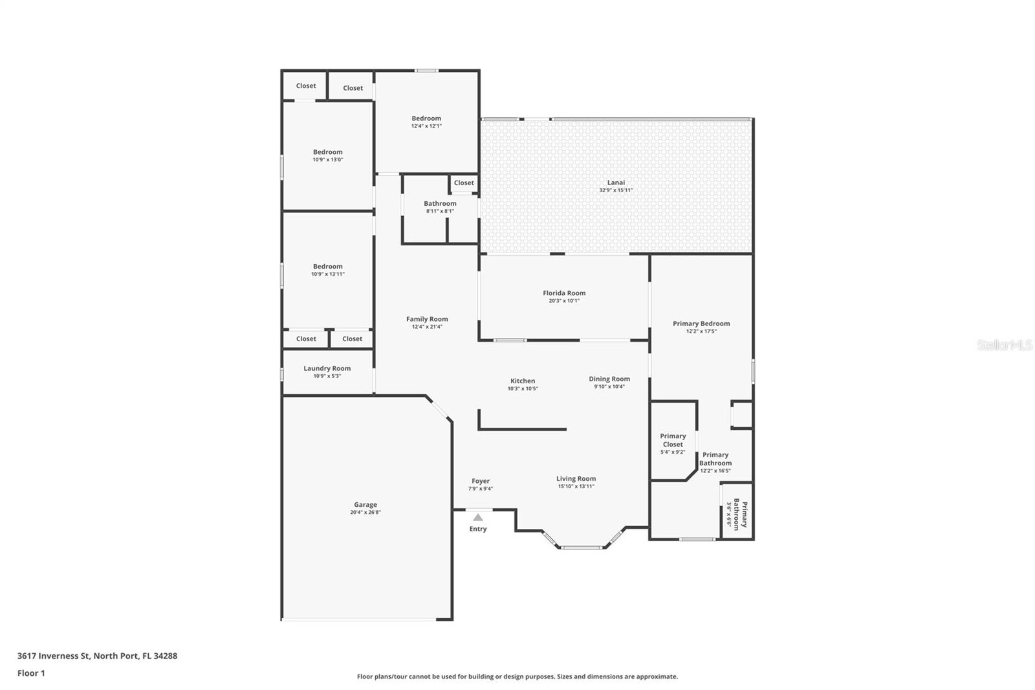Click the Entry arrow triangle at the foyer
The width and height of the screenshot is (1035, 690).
(477, 517)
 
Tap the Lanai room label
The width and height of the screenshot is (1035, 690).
(616, 183)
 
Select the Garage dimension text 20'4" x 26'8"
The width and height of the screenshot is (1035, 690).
(365, 513)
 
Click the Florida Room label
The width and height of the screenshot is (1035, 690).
(564, 293)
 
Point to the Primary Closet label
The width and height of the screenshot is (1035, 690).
(673, 440)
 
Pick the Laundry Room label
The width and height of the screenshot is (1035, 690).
(327, 368)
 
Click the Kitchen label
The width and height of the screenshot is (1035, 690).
(523, 381)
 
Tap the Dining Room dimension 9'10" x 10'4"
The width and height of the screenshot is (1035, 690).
(609, 387)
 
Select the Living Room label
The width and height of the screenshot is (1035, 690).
(576, 479)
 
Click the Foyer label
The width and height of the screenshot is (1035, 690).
(481, 481)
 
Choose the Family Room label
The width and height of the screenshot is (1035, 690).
(427, 319)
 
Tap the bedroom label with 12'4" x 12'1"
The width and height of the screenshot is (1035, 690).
(426, 118)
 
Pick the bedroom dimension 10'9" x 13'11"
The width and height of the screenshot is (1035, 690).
(328, 274)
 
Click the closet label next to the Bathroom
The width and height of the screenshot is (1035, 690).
(464, 183)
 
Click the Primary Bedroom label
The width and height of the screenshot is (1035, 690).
(701, 324)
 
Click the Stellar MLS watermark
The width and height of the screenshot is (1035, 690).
(1004, 345)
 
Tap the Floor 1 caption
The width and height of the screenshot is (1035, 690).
(31, 673)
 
